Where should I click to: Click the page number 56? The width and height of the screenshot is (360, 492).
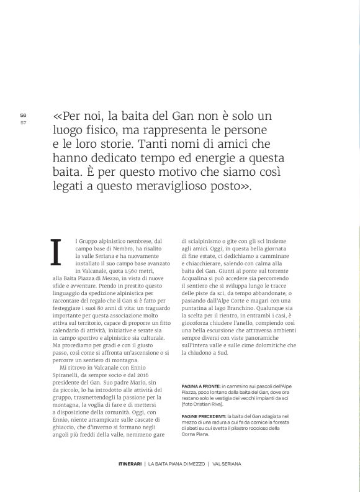[x=23, y=115]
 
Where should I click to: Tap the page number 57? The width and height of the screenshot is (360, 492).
[x=23, y=122]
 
